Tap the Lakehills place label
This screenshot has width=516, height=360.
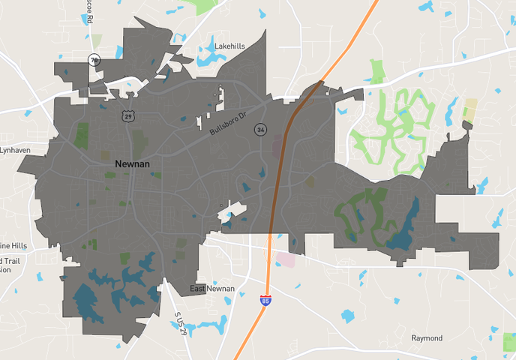click(x=229, y=46)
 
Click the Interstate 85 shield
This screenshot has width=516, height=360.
click(x=266, y=300)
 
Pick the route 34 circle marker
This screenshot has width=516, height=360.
click(x=260, y=130)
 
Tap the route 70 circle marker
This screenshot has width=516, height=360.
click(x=94, y=60)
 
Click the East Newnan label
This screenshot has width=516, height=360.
click(x=211, y=289)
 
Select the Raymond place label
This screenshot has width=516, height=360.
click(x=427, y=338)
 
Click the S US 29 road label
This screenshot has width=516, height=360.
click(x=179, y=323)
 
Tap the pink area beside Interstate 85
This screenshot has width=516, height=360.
click(x=286, y=259)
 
